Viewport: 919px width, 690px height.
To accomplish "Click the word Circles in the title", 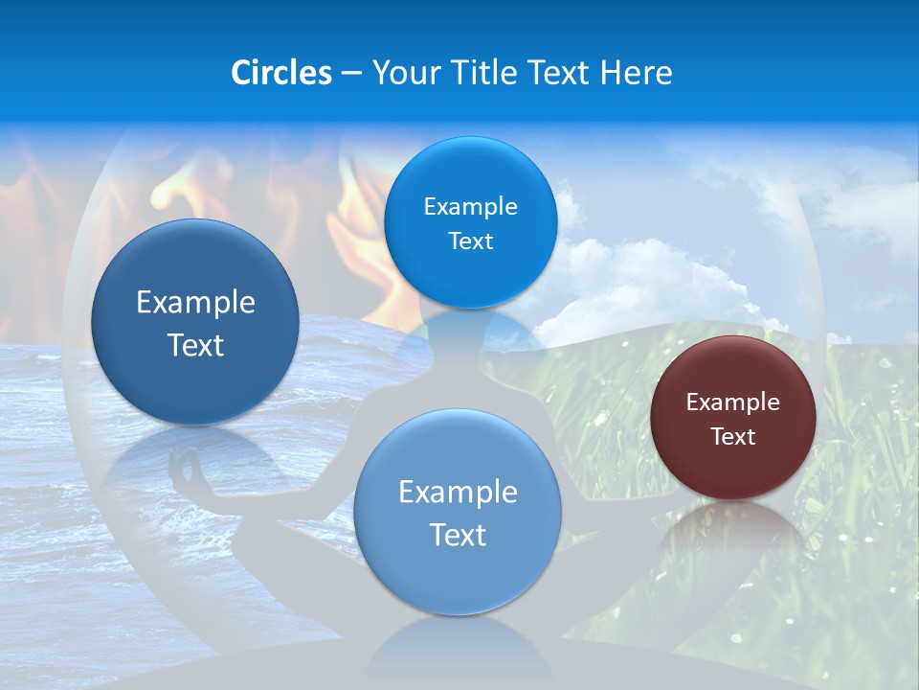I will pos(281,73).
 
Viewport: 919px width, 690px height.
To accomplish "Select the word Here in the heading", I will pos(636,73).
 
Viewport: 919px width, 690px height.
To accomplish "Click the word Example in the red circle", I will pos(732,402).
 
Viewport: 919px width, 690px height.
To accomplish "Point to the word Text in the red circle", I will pos(733,437).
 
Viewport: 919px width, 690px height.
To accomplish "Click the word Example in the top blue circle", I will pos(470,207).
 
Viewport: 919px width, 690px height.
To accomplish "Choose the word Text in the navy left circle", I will pos(195,345).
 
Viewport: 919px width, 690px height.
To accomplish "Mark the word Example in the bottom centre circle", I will pos(458,493).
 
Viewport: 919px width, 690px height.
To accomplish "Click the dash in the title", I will pos(351,74).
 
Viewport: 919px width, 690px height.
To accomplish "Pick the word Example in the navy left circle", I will pos(195,303).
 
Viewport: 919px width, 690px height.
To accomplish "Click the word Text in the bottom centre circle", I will pos(458,535).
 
